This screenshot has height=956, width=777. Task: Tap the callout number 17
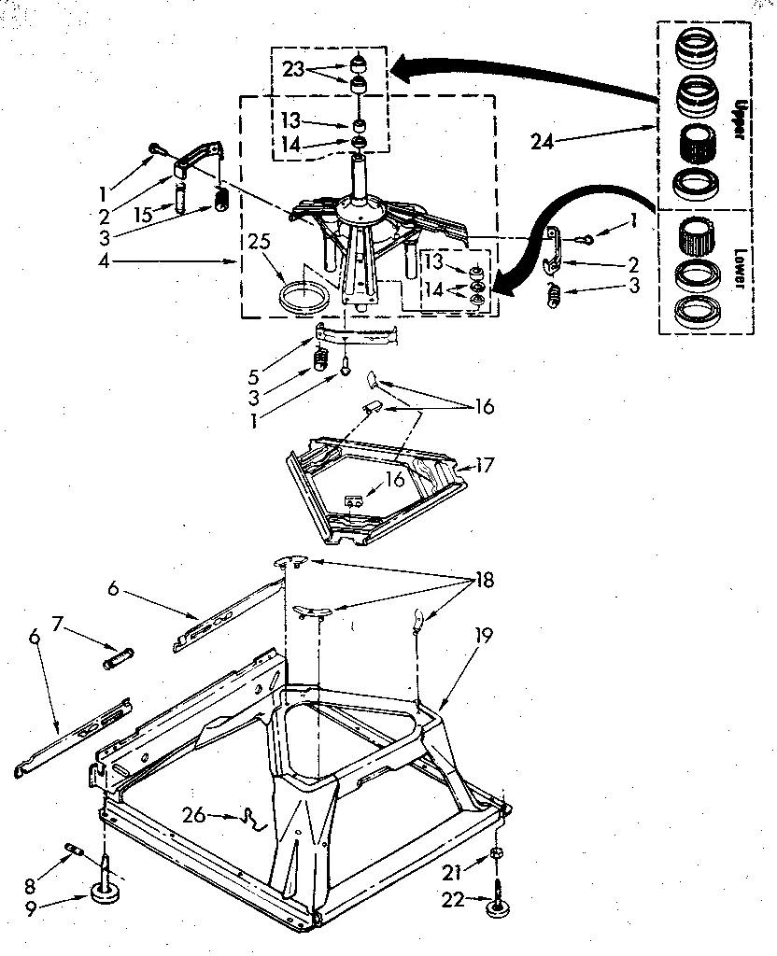(485, 464)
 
